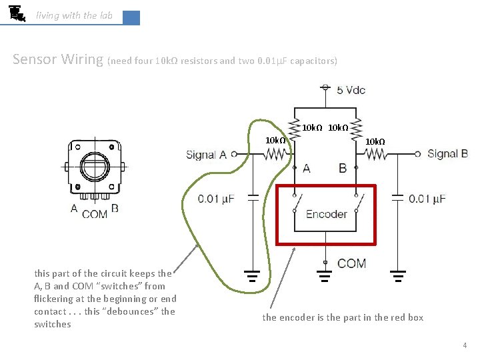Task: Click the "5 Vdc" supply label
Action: [351, 90]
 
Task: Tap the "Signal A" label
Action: [206, 155]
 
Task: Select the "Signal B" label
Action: [447, 154]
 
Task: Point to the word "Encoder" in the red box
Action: [326, 214]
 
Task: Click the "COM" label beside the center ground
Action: [351, 263]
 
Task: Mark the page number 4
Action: [464, 345]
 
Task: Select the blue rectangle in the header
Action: [131, 17]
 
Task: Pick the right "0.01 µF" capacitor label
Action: [427, 199]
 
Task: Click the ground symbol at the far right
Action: [398, 273]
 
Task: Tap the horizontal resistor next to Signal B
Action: [375, 155]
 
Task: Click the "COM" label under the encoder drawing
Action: [94, 214]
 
